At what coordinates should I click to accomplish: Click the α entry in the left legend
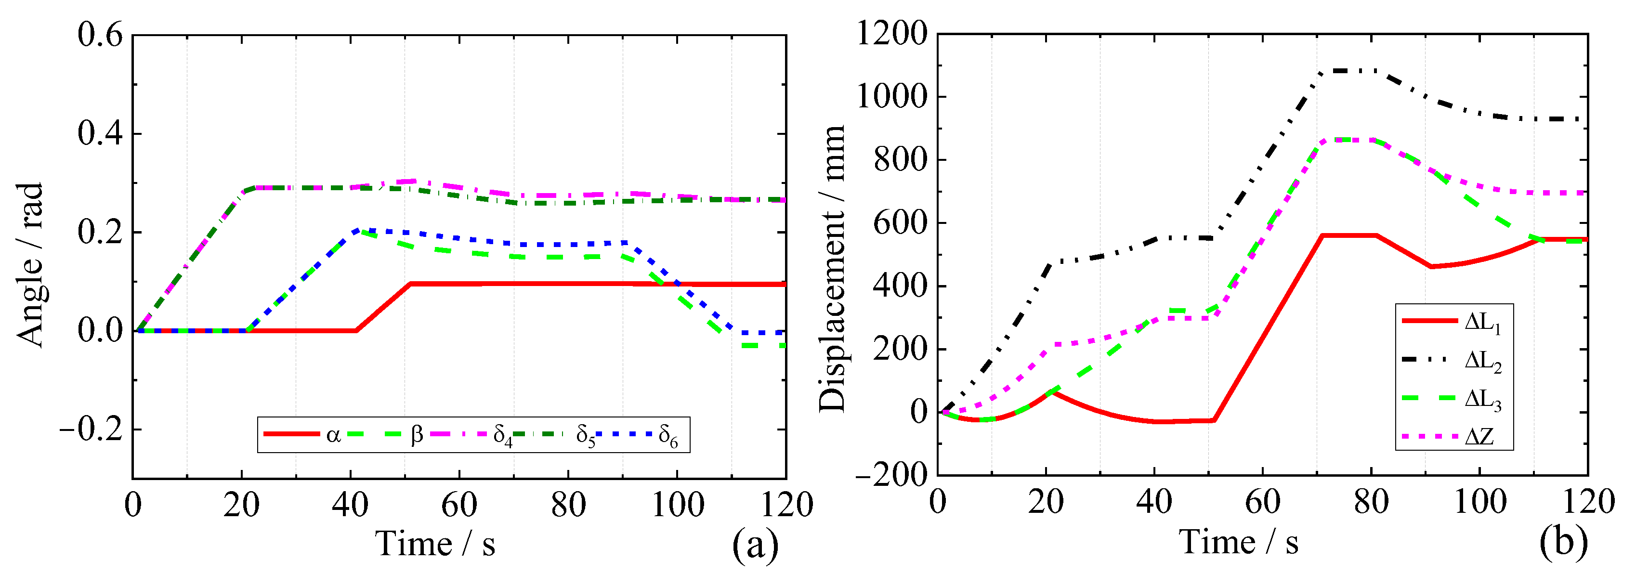click(x=333, y=435)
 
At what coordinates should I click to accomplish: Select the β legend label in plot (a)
click(x=417, y=435)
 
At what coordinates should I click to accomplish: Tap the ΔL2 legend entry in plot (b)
click(x=1483, y=361)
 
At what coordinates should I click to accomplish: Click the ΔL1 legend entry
click(x=1483, y=323)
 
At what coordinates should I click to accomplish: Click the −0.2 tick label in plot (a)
click(x=92, y=430)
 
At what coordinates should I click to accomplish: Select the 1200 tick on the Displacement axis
click(x=891, y=33)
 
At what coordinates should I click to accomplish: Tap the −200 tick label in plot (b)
click(x=891, y=474)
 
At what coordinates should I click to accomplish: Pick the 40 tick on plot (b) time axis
click(x=1154, y=502)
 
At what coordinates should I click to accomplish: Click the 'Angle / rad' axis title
click(x=30, y=265)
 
